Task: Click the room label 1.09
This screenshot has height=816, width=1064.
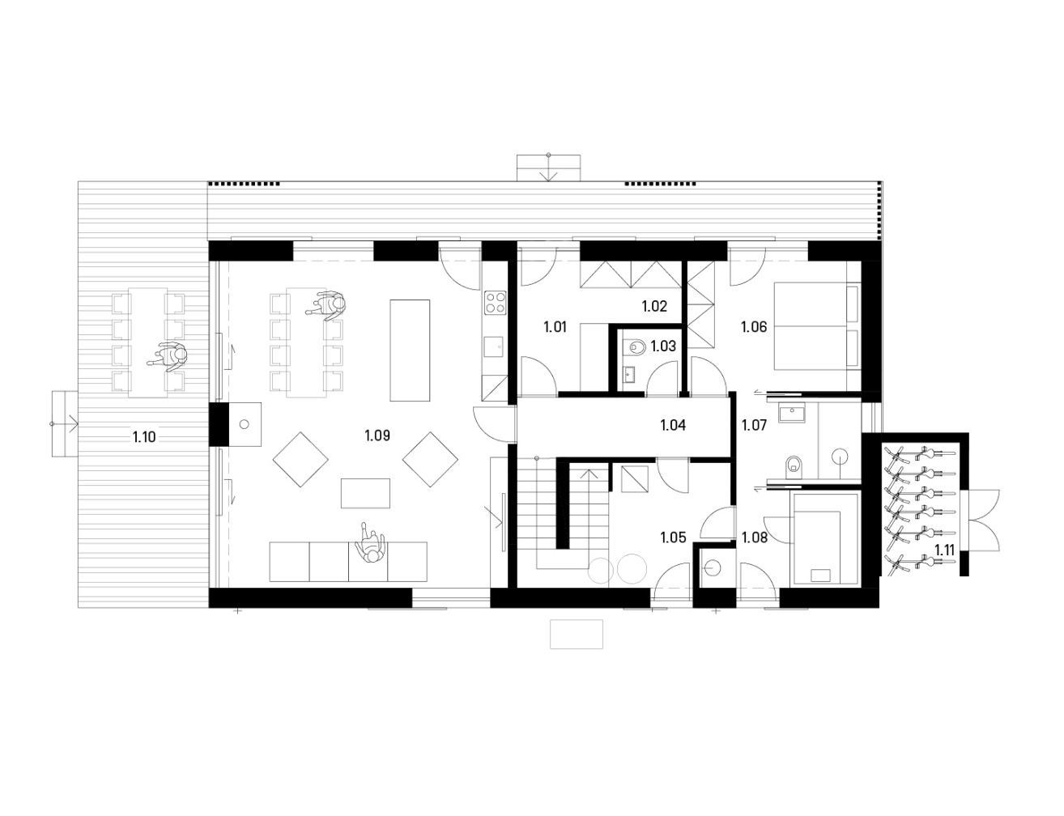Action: pyautogui.click(x=377, y=436)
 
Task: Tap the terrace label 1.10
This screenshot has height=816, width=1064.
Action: pyautogui.click(x=144, y=436)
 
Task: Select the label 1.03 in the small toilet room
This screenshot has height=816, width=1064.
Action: pyautogui.click(x=663, y=346)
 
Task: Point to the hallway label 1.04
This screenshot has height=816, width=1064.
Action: pyautogui.click(x=673, y=425)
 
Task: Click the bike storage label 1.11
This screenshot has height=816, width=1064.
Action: pyautogui.click(x=944, y=550)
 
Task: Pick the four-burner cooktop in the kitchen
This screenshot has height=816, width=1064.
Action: pyautogui.click(x=495, y=303)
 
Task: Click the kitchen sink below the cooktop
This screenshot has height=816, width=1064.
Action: pyautogui.click(x=495, y=346)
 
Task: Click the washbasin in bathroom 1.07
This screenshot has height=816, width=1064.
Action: pyautogui.click(x=790, y=412)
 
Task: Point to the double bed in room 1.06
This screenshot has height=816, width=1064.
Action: pyautogui.click(x=817, y=325)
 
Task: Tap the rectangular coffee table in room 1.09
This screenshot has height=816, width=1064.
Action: pyautogui.click(x=365, y=494)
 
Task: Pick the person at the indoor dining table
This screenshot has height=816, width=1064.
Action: pyautogui.click(x=327, y=304)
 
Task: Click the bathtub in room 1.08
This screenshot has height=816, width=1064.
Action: pyautogui.click(x=824, y=538)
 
